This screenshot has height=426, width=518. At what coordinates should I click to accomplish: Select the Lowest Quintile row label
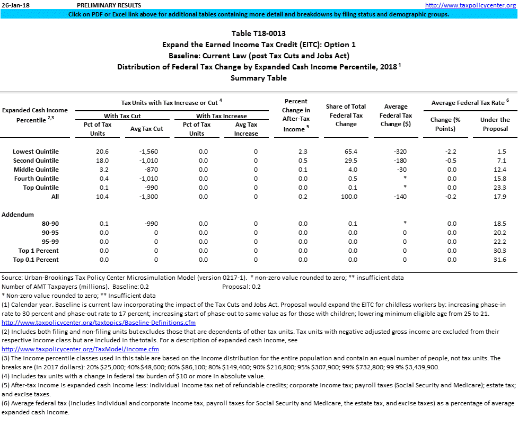[36, 152]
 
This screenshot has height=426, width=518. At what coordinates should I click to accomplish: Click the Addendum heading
[17, 215]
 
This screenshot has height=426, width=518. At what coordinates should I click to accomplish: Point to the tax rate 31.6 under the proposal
[499, 260]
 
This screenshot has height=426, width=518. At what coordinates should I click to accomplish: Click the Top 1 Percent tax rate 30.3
[499, 251]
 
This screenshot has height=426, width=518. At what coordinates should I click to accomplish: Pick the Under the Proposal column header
[495, 124]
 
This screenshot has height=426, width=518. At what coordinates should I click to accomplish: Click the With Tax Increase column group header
[221, 116]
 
